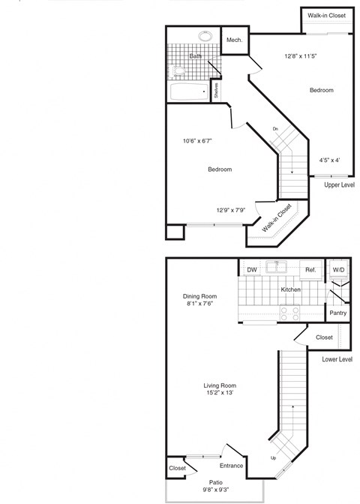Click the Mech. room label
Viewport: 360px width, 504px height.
[234, 40]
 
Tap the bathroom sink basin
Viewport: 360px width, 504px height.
[205, 35]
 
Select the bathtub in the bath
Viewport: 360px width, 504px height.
[189, 92]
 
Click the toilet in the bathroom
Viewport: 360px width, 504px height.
[178, 70]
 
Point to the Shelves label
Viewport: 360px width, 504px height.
[216, 91]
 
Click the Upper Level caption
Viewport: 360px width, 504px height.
[339, 184]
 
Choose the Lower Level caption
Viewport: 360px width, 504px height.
[337, 359]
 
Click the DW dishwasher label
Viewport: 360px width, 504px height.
[251, 270]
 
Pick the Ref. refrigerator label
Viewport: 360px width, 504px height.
[309, 270]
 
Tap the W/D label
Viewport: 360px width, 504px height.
[338, 270]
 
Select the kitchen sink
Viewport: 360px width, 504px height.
[280, 265]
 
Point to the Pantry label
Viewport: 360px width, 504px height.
[337, 313]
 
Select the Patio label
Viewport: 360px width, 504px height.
[215, 483]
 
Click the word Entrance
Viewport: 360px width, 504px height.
[231, 466]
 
